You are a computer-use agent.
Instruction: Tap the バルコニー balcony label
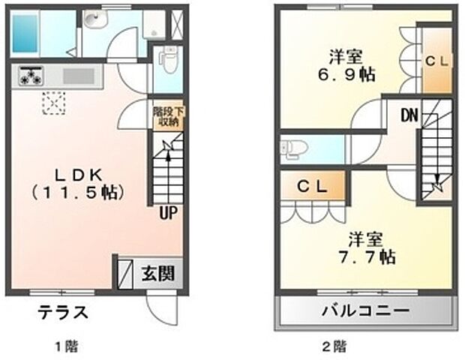[x=366, y=310]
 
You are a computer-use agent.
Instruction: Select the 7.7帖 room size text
[x=365, y=257]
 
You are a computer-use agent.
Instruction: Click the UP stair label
[x=168, y=213]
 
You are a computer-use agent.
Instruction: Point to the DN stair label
[x=409, y=115]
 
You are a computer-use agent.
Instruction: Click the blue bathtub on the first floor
[x=25, y=32]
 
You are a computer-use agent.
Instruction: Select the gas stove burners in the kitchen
[x=31, y=76]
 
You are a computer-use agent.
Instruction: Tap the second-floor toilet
[x=292, y=148]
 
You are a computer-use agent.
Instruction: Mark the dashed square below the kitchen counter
[x=54, y=103]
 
